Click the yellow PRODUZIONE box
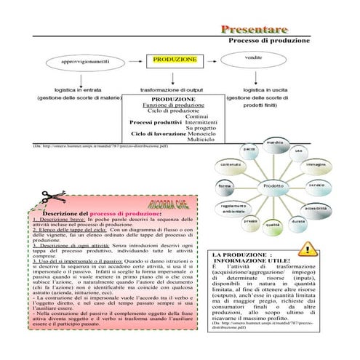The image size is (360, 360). pos(175,59)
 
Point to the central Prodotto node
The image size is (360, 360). pos(273,185)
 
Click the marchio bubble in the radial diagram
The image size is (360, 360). pos(274,143)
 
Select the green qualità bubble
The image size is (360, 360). pos(273,225)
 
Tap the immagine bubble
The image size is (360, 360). pos(316,164)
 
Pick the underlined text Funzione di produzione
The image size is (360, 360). pos(173,105)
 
